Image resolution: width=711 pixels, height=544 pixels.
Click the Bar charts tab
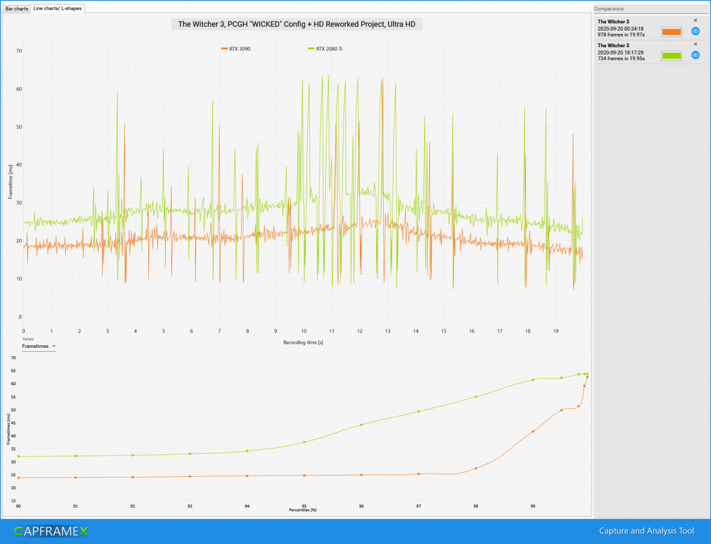[x=17, y=9]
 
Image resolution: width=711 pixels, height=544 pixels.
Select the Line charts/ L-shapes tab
[x=57, y=8]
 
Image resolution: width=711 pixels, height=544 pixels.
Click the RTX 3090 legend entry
[x=236, y=48]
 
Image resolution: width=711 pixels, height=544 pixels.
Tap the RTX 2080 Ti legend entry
[x=325, y=48]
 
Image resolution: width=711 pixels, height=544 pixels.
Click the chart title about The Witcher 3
[x=297, y=24]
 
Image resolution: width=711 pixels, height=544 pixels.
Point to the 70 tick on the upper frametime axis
[x=19, y=51]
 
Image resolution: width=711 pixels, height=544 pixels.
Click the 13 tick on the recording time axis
[x=388, y=331]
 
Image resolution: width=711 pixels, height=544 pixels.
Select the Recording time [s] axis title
[x=303, y=342]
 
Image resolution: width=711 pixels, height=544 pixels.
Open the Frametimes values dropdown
[x=38, y=346]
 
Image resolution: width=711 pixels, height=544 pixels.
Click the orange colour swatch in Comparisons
[x=672, y=32]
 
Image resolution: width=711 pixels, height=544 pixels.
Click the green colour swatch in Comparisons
[x=672, y=56]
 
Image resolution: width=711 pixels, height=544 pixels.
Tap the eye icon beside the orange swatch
[x=695, y=31]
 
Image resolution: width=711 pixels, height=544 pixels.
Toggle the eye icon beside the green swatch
[x=695, y=55]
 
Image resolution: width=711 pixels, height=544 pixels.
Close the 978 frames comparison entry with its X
[x=695, y=21]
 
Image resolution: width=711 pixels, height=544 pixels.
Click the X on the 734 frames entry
[x=695, y=44]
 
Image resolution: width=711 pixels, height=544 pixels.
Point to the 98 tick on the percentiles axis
[x=475, y=506]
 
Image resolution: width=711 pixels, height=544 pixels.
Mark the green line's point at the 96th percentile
[x=362, y=425]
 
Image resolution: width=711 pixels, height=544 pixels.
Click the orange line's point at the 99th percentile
[x=533, y=432]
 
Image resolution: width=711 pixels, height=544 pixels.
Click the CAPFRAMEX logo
[x=51, y=531]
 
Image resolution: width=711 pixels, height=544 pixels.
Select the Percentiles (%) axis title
[x=303, y=510]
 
